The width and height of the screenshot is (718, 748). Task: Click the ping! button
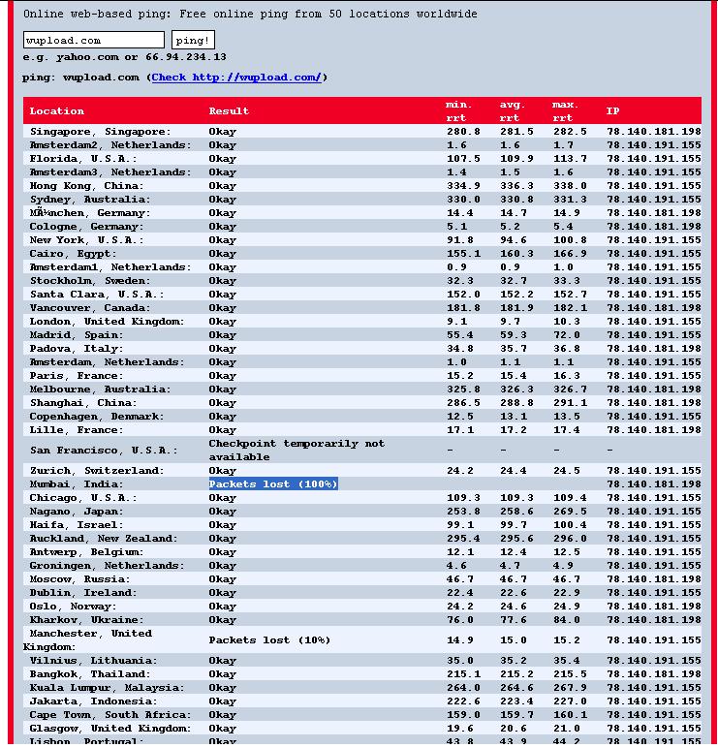193,40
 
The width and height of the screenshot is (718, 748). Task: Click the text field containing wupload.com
93,40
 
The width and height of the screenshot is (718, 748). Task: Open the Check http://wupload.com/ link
235,78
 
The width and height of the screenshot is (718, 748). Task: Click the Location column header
57,110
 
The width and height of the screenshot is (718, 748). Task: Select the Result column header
229,110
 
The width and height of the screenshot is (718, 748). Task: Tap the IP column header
612,110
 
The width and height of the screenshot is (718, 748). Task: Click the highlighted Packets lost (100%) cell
273,483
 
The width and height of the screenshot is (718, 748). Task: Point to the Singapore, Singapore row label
100,131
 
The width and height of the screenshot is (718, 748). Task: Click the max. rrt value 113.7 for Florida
570,158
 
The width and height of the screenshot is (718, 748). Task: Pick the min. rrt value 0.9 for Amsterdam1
456,266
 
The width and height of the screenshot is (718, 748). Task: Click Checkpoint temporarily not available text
297,450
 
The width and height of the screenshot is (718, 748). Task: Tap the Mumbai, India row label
77,483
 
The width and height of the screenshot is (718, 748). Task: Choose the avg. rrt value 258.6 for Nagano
516,511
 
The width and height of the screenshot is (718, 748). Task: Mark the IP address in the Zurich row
653,470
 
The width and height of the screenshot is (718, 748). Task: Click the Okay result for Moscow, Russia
222,578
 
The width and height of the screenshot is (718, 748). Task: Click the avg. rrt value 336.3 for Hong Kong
516,185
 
